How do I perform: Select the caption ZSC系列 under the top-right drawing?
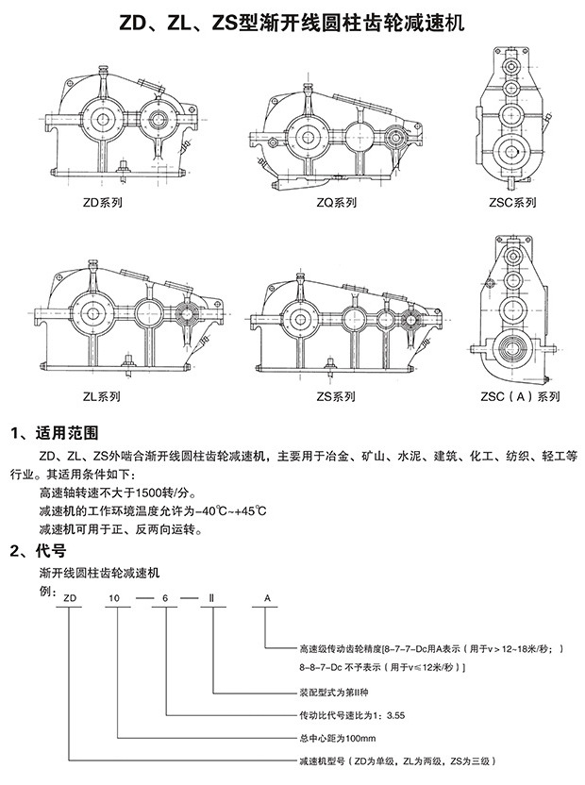pyautogui.click(x=513, y=202)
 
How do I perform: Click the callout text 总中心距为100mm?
pyautogui.click(x=337, y=738)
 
